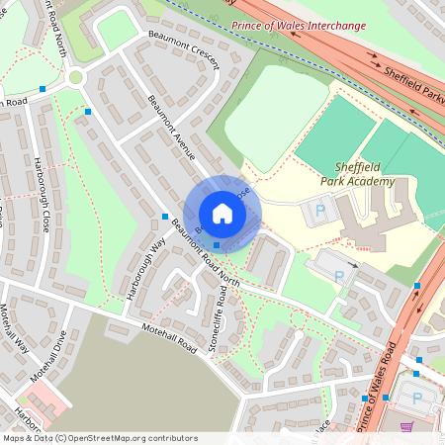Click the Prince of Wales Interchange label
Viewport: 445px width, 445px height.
[299, 26]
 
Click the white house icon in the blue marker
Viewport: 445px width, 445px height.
[222, 214]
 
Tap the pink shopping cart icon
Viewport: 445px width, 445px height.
[405, 427]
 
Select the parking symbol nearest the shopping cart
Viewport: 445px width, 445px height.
[415, 398]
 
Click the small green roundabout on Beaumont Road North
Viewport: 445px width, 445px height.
[76, 77]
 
